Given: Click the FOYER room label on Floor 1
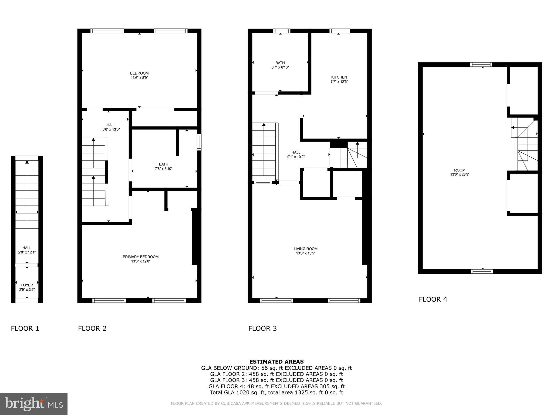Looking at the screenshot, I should [27, 285].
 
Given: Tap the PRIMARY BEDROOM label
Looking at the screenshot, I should [140, 257].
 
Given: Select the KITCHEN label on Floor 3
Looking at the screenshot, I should [339, 77].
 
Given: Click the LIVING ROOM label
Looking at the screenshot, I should [305, 249].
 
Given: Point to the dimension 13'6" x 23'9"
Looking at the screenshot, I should [460, 175].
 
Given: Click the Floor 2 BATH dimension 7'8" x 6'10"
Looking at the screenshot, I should [163, 169].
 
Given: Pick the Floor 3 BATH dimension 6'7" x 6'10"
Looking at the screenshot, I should [280, 67].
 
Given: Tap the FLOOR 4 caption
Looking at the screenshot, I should [433, 299].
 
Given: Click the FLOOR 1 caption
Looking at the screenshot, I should [25, 329].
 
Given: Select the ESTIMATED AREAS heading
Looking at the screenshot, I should [276, 362].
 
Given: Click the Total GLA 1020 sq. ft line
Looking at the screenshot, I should [276, 393].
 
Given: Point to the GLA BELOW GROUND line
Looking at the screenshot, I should [276, 368].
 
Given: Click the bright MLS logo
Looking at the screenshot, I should [34, 404].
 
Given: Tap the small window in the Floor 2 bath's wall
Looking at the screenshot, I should [199, 142].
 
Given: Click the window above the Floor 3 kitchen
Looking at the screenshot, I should [339, 31].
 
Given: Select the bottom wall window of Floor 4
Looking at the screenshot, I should [482, 271].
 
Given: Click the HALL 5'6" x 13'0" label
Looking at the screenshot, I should [111, 127].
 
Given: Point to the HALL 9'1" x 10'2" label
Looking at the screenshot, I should [296, 155].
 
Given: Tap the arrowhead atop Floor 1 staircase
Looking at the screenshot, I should [27, 162].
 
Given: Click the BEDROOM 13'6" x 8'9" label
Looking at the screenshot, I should [139, 75].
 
